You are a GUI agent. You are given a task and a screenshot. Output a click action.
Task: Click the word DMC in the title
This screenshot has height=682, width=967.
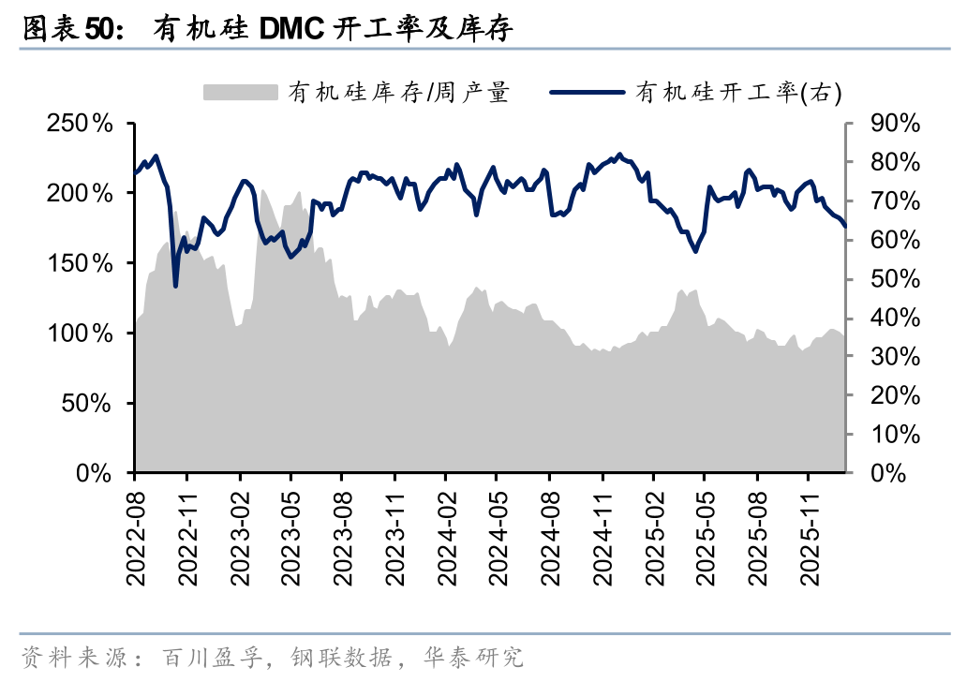pyautogui.click(x=291, y=30)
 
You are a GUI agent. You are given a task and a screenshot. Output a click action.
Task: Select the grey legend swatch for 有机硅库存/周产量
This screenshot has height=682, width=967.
pyautogui.click(x=241, y=91)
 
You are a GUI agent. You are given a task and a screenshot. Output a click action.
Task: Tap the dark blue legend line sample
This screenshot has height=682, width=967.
pyautogui.click(x=586, y=91)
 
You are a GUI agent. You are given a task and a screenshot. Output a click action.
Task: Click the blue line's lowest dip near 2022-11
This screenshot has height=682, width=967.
pyautogui.click(x=175, y=286)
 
